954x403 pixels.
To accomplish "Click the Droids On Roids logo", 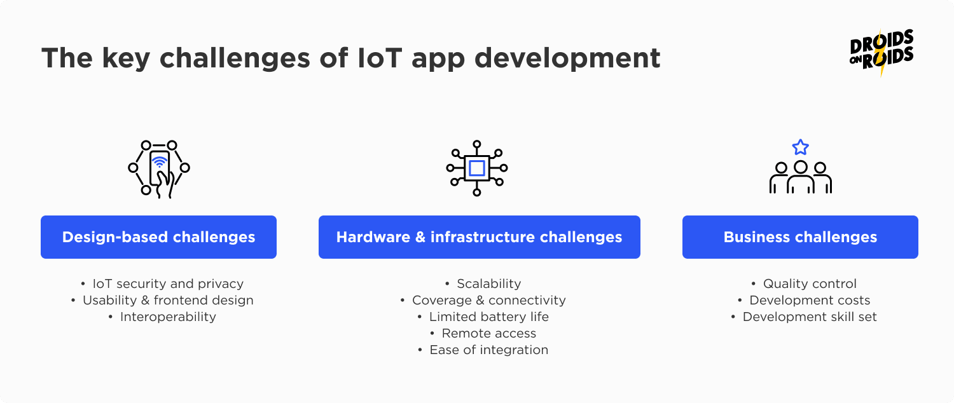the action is click(x=881, y=52).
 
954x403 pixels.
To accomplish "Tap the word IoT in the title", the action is click(x=380, y=57).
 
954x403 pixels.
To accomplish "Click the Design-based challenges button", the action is click(x=158, y=237).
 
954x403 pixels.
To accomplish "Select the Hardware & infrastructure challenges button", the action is click(x=479, y=237).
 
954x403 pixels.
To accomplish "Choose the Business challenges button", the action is click(x=800, y=237).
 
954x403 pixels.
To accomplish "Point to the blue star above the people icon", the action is click(x=801, y=147).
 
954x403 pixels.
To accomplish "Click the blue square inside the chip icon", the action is click(x=476, y=168).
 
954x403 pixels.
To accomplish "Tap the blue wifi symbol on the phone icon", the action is click(x=159, y=161).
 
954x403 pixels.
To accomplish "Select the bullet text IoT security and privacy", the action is click(x=168, y=283).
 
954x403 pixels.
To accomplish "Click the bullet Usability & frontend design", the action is click(x=168, y=300).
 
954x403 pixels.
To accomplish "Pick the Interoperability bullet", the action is click(x=168, y=317).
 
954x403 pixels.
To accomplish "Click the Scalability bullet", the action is click(x=489, y=283).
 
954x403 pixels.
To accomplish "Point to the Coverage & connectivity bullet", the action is click(x=489, y=300).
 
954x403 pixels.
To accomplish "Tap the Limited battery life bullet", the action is click(x=489, y=317).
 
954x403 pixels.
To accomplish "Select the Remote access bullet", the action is click(x=489, y=333).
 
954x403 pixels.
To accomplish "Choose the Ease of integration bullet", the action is click(x=489, y=350).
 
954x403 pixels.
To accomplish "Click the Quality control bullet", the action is click(x=810, y=283).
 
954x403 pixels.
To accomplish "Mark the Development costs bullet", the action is click(x=810, y=300).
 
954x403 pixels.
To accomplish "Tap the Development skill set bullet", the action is click(x=810, y=317).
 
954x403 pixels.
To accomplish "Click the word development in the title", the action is click(x=567, y=58).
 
